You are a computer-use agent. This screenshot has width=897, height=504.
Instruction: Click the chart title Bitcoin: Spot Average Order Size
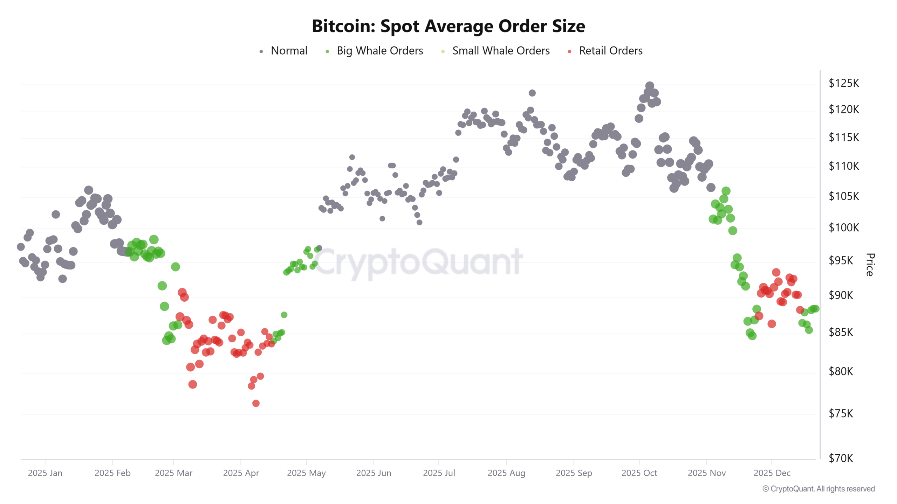pos(448,26)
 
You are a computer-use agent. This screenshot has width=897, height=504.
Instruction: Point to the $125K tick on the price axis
pos(844,83)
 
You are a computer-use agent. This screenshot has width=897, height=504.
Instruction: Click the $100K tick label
pos(844,228)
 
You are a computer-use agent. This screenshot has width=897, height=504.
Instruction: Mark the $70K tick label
pos(841,458)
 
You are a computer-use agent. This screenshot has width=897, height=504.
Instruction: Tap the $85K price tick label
pos(841,332)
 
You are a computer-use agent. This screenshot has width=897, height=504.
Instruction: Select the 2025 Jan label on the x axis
pos(45,473)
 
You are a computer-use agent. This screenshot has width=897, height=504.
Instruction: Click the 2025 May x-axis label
pos(306,473)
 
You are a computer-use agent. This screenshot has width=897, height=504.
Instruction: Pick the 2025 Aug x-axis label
pos(506,473)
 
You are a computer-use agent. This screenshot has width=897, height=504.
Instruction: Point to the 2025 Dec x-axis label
pos(772,473)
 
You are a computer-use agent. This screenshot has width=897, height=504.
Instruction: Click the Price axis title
pos(870,265)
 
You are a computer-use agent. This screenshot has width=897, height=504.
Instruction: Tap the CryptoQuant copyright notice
pos(819,489)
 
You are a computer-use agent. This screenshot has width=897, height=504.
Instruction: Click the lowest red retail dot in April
pos(256,404)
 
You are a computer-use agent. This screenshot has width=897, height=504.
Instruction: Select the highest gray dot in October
pos(650,86)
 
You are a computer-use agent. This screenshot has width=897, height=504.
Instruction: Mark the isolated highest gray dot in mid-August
pos(532,93)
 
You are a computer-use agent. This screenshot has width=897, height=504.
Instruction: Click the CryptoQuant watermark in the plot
pos(417,262)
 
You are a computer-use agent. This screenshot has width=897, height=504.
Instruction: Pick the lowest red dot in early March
pos(193,385)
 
